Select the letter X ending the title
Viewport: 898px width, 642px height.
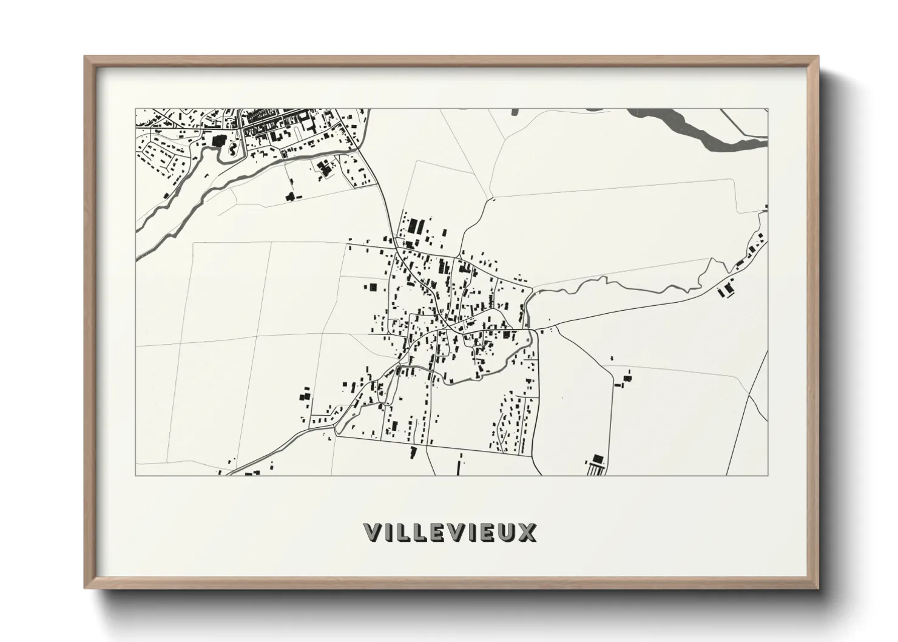pos(528,532)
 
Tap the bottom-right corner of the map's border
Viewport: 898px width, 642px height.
pos(768,475)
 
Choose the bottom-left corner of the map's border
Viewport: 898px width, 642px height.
pos(136,475)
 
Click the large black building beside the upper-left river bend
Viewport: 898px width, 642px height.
pos(218,141)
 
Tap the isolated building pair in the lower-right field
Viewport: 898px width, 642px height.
pos(624,380)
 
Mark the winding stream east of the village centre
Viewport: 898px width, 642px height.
pos(607,283)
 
